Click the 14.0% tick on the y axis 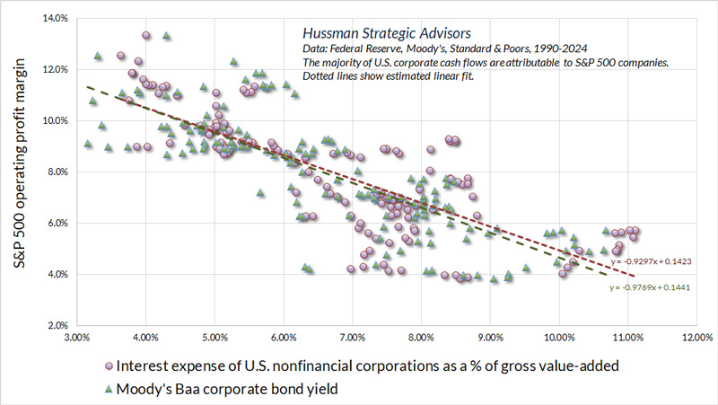56,18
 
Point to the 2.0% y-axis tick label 57,325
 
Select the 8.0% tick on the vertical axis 57,172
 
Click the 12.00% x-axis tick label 696,339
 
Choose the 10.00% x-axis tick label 559,339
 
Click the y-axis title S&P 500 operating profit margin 20,171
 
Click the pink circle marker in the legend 109,366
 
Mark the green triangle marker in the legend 109,389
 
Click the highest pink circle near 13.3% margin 145,36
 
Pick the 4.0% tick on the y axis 57,274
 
